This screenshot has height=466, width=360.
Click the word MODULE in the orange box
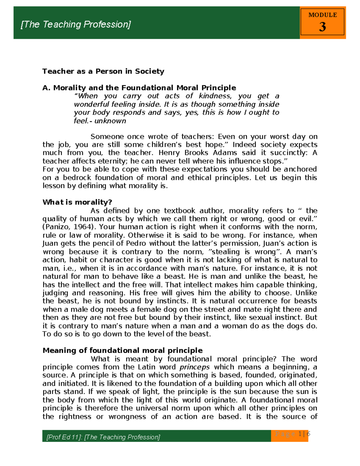pyautogui.click(x=322, y=15)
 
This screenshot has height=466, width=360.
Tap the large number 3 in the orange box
pyautogui.click(x=322, y=27)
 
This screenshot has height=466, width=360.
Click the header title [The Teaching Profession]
pyautogui.click(x=76, y=24)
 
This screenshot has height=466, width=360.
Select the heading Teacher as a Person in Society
pyautogui.click(x=103, y=71)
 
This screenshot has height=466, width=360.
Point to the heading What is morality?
pyautogui.click(x=77, y=202)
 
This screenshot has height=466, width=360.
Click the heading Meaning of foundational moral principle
pyautogui.click(x=122, y=350)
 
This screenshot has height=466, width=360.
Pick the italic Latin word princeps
pyautogui.click(x=194, y=367)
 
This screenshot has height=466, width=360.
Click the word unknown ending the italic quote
pyautogui.click(x=110, y=121)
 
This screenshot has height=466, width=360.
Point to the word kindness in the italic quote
pyautogui.click(x=215, y=96)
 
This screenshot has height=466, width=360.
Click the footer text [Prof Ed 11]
pyautogui.click(x=64, y=437)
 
